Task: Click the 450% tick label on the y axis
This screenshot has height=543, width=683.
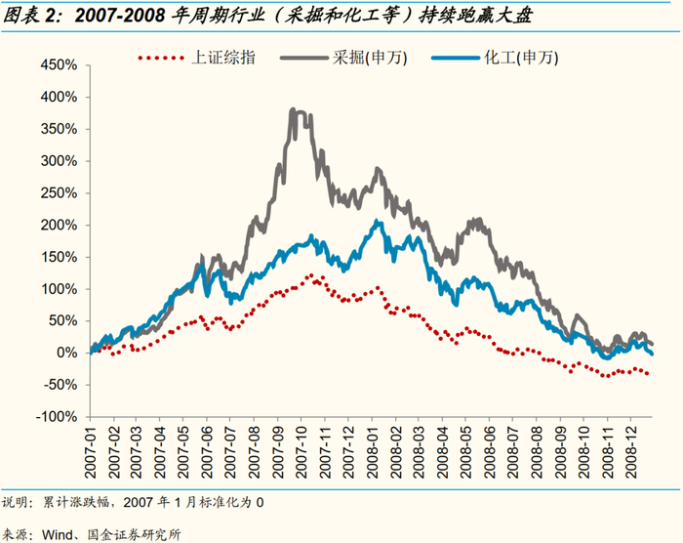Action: (x=59, y=65)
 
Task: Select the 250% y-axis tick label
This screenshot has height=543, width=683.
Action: (x=59, y=193)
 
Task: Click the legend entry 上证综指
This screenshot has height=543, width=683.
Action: (x=225, y=59)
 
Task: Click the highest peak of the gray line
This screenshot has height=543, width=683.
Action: (x=294, y=110)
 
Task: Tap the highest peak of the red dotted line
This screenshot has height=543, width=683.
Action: (x=313, y=275)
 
